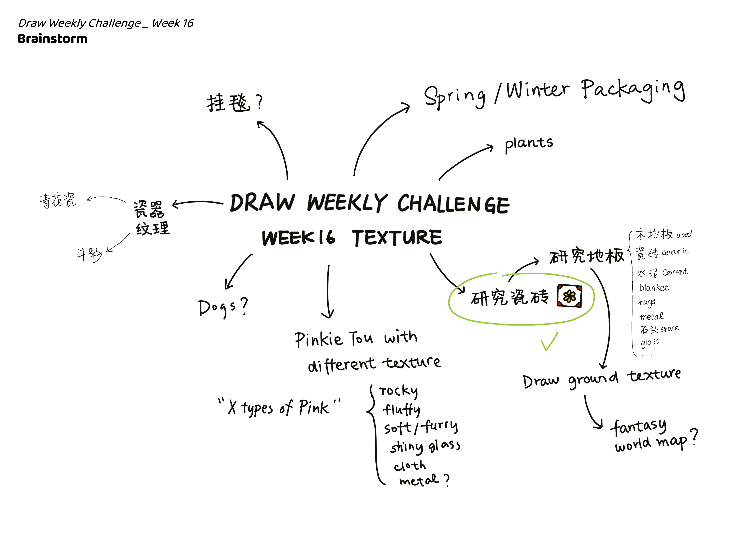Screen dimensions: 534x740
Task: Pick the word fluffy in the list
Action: coord(401,410)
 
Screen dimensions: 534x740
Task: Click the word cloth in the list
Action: coord(410,466)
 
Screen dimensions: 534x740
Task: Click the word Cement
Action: coord(675,272)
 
